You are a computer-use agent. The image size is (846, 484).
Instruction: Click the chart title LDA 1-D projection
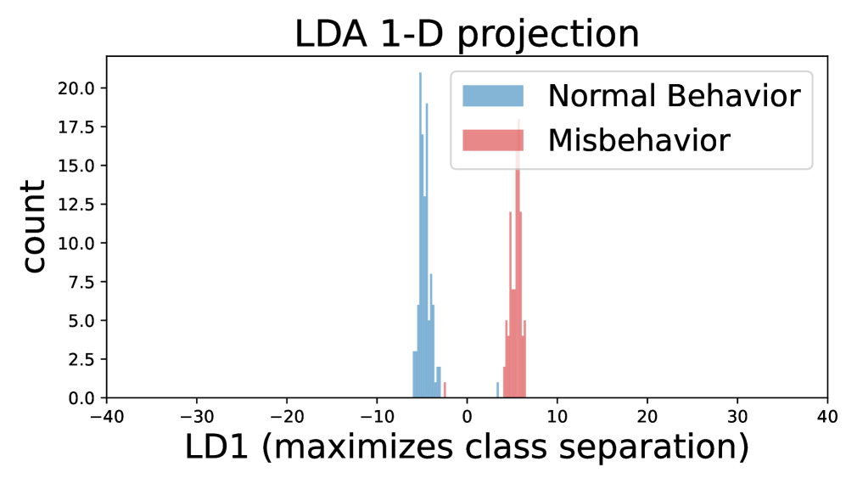click(466, 33)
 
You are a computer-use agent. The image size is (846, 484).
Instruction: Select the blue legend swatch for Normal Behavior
click(493, 95)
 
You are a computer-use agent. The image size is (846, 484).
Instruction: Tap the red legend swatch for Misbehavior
click(493, 139)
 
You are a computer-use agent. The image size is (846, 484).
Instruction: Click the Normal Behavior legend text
click(674, 96)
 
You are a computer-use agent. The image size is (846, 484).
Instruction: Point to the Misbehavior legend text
click(638, 139)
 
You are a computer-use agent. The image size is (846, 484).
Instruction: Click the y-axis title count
click(34, 226)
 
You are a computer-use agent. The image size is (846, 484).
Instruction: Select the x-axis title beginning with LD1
click(466, 447)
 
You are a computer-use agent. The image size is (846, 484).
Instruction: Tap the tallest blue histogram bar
click(420, 238)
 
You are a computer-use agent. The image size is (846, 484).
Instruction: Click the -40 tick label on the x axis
click(106, 417)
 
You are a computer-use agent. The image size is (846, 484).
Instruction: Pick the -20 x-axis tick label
click(286, 417)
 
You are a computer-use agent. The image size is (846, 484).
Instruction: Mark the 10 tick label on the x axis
click(557, 417)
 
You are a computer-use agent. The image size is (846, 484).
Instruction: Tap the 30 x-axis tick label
click(737, 417)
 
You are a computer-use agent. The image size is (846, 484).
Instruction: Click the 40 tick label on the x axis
click(826, 417)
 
